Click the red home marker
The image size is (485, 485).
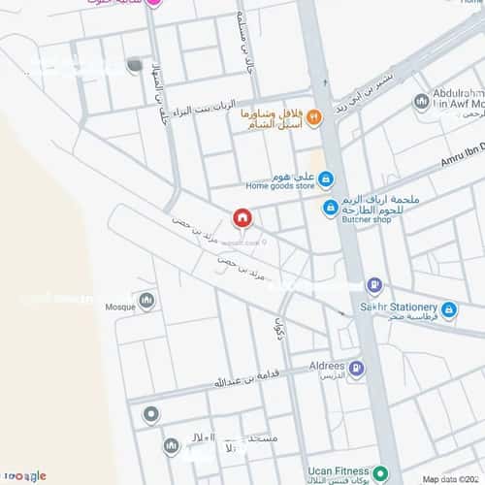click(242, 218)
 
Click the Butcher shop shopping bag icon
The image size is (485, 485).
click(331, 208)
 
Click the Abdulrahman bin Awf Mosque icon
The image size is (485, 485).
click(421, 101)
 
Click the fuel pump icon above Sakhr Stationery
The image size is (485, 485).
click(374, 286)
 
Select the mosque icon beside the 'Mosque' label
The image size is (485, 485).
click(146, 301)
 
